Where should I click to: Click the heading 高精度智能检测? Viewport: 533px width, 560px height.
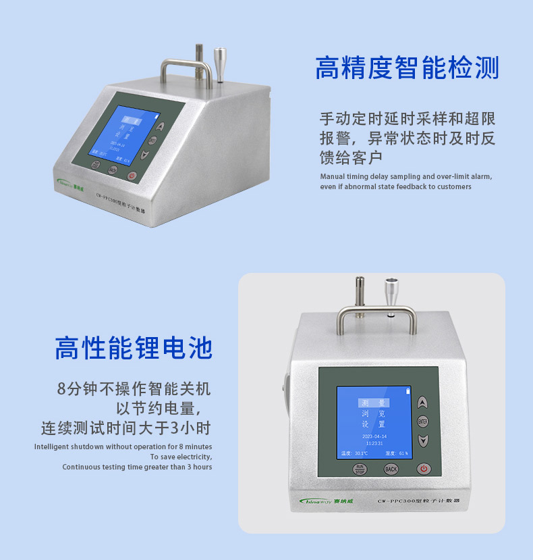tap(407, 69)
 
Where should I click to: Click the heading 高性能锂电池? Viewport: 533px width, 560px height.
tap(133, 348)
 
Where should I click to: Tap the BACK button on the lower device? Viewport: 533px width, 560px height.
tap(391, 469)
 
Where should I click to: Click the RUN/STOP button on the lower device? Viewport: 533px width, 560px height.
tap(360, 469)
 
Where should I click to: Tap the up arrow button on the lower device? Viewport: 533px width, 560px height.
tap(423, 403)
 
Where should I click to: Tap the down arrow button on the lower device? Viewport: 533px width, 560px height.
tap(423, 441)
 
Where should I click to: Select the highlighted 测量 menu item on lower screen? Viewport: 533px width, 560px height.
tap(373, 403)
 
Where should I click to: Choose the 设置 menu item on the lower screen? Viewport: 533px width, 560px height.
tap(373, 424)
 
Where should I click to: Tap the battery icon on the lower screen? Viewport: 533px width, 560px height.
tap(407, 391)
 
